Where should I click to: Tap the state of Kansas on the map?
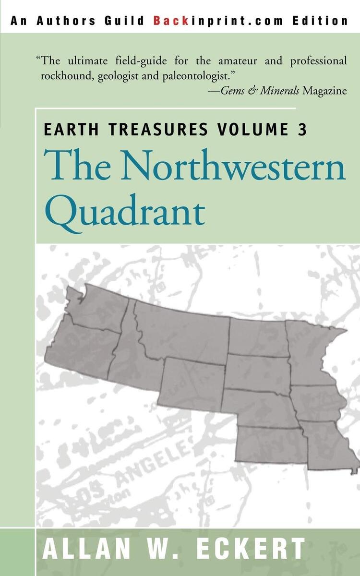click(x=271, y=444)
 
